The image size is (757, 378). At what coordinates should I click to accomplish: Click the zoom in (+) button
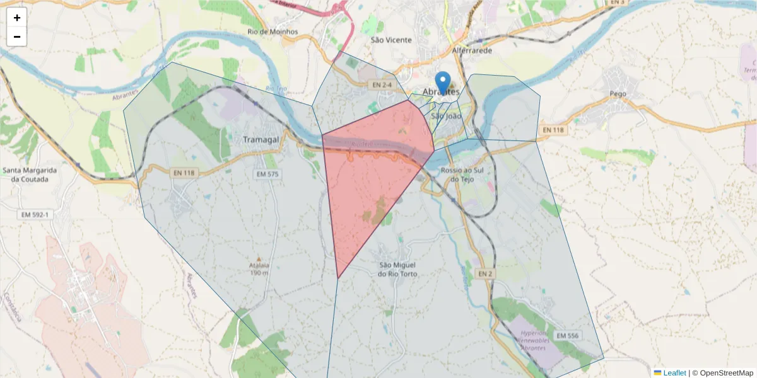17,18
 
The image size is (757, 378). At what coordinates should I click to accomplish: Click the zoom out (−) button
17,37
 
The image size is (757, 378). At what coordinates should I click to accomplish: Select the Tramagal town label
261,139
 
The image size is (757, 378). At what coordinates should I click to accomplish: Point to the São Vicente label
391,40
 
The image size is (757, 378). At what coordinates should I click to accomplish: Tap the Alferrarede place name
472,50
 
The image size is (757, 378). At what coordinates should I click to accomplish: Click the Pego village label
618,93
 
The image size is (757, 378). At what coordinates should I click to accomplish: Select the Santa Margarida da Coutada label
30,174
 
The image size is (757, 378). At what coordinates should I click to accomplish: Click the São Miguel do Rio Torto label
397,269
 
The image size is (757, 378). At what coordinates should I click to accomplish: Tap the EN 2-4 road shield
382,84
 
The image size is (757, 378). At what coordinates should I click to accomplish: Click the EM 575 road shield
267,174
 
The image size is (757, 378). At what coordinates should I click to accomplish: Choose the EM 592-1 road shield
38,215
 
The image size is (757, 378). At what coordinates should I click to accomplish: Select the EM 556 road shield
567,336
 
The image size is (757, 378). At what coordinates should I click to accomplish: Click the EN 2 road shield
484,273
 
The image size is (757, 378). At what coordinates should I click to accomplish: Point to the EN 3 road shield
617,3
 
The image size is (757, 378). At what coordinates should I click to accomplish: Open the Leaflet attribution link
674,373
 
